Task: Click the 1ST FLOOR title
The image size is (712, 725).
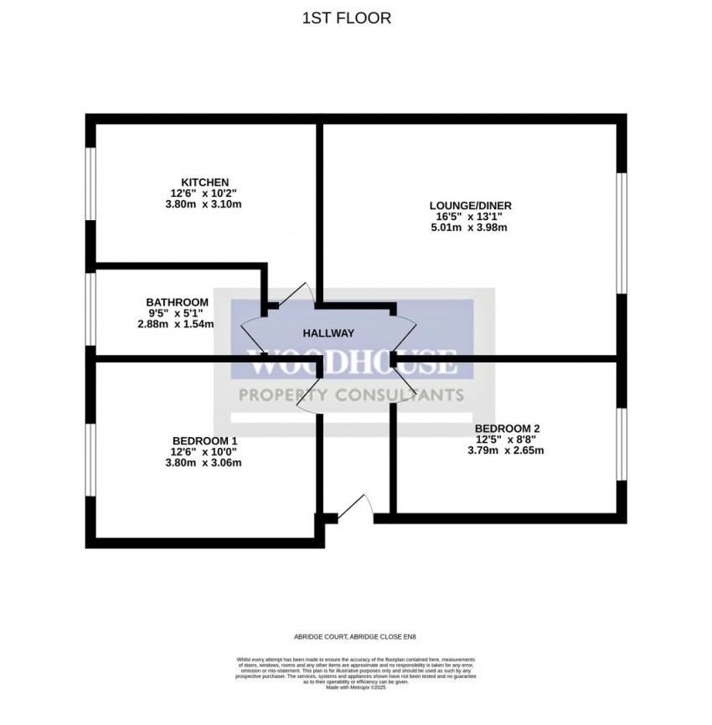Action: point(346,18)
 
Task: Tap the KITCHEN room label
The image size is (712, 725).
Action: point(205,183)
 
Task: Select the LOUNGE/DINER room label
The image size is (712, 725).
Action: point(470,205)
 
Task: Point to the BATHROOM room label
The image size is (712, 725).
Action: point(177,302)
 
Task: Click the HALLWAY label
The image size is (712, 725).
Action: point(328,333)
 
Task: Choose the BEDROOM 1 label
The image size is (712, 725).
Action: point(205,441)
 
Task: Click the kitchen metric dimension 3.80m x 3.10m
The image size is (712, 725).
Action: point(205,204)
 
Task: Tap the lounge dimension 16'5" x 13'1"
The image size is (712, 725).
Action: point(470,216)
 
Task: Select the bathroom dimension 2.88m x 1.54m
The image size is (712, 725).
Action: point(177,324)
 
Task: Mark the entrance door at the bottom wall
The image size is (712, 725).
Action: point(355,510)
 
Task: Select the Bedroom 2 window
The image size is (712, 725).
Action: point(621,444)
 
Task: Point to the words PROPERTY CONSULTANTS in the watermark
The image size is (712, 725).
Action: point(351,395)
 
